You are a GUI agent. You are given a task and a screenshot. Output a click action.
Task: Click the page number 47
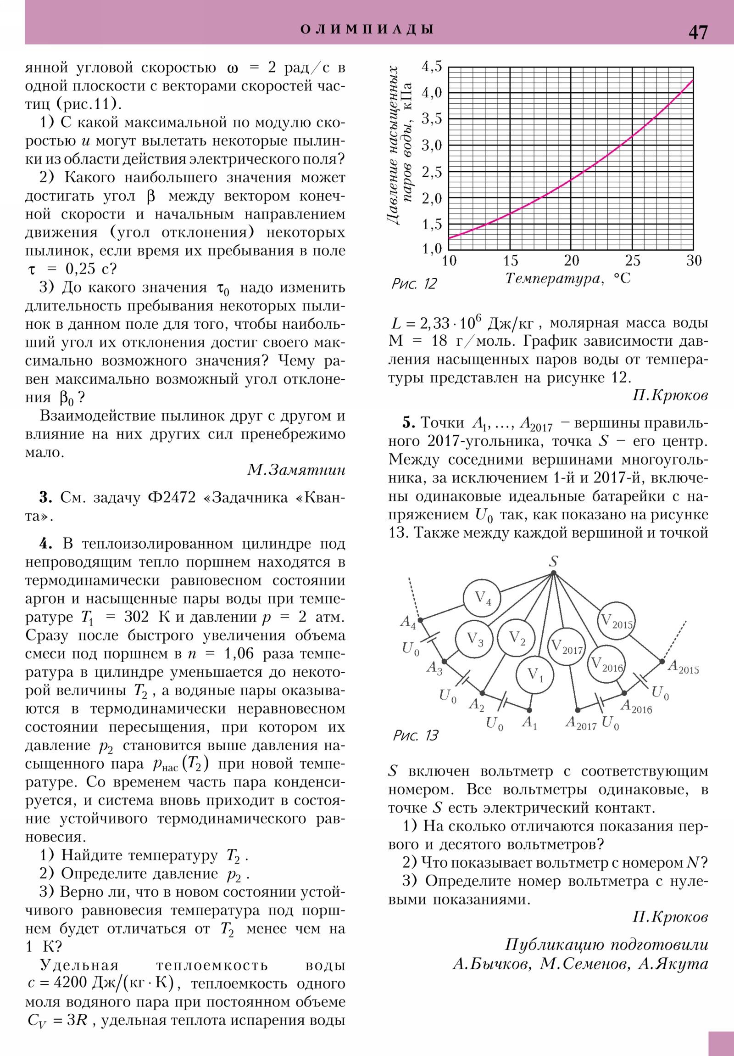click(x=698, y=32)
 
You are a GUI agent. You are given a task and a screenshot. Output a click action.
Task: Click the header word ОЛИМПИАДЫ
click(x=367, y=29)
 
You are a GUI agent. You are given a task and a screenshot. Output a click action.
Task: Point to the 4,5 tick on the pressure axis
click(x=432, y=67)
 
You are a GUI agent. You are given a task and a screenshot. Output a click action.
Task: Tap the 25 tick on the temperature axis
click(x=633, y=261)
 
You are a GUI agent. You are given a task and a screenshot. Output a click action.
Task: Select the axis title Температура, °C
click(x=568, y=279)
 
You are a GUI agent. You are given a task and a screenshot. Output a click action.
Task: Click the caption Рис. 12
click(x=414, y=283)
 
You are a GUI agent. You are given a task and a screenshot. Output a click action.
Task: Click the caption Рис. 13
click(x=416, y=735)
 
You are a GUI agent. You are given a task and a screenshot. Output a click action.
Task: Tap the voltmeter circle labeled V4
click(x=482, y=598)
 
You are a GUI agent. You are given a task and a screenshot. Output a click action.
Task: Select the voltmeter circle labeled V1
click(x=534, y=675)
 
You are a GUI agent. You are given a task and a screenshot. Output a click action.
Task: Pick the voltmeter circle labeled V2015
click(x=617, y=620)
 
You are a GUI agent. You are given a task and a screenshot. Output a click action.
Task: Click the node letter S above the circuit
click(x=554, y=561)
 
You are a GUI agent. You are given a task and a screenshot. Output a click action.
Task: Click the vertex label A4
click(x=408, y=622)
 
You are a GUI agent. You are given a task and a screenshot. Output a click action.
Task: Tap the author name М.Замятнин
click(x=296, y=470)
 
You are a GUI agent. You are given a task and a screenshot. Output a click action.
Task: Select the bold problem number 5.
click(x=409, y=423)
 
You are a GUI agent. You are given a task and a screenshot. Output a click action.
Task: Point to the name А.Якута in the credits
click(x=673, y=964)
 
